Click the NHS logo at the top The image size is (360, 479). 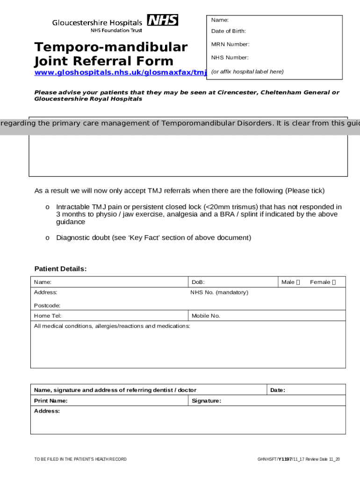(x=162, y=20)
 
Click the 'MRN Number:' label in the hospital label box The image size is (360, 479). (x=230, y=44)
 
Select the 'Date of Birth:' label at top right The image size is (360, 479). (x=228, y=31)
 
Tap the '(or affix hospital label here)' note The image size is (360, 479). (x=247, y=72)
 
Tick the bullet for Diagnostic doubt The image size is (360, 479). (x=47, y=238)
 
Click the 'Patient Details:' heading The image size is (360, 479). (x=60, y=269)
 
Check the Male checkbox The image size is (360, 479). (x=298, y=282)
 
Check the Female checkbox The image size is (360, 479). (x=333, y=282)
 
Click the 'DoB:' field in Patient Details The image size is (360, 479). (x=198, y=282)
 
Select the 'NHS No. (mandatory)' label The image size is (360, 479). (x=219, y=292)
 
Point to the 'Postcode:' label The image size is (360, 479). (x=47, y=305)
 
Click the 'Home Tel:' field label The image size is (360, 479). (x=48, y=316)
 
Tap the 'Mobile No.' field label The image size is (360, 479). (x=206, y=316)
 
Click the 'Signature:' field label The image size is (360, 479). (x=206, y=401)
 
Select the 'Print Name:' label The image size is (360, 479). (x=51, y=401)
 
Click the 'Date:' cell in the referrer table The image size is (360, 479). (x=277, y=390)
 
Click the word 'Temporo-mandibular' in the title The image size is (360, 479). (x=111, y=47)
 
